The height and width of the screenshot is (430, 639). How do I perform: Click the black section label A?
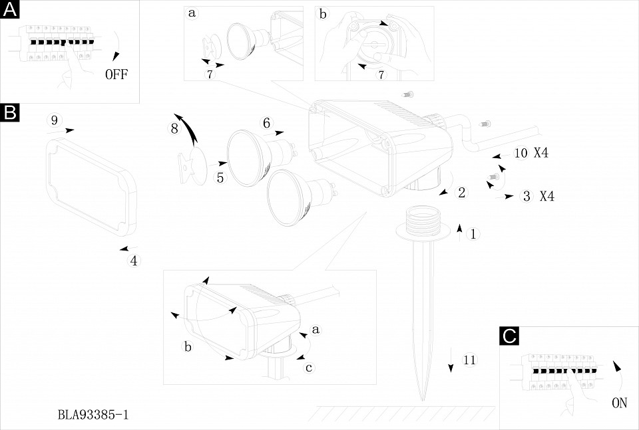(x=11, y=10)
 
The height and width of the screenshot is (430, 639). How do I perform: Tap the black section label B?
(x=11, y=112)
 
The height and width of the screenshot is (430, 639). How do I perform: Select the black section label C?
(x=509, y=336)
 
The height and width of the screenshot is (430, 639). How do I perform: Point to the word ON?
(x=619, y=402)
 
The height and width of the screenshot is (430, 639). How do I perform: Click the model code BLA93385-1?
(x=93, y=415)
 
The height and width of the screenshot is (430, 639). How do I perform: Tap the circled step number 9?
(x=55, y=120)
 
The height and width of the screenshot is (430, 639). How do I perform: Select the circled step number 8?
(x=174, y=129)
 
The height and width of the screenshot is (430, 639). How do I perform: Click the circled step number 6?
(x=266, y=123)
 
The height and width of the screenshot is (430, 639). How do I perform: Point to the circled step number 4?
(x=134, y=261)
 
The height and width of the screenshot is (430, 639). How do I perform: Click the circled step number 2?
(x=461, y=193)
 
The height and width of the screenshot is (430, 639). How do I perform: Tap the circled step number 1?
(x=473, y=234)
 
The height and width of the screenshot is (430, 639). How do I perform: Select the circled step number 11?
(x=470, y=361)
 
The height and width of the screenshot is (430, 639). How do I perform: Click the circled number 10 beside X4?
(x=521, y=153)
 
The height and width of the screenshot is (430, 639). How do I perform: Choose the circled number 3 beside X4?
(x=527, y=196)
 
